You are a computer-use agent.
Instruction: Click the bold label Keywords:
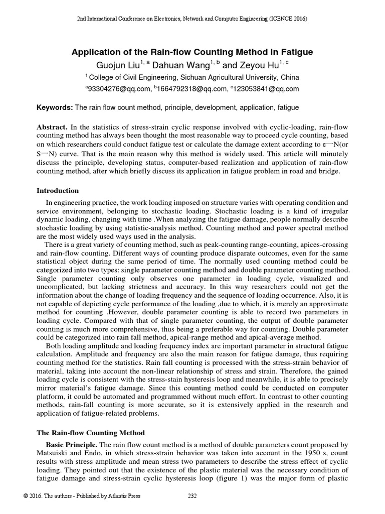point(55,108)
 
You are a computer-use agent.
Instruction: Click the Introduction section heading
point(58,191)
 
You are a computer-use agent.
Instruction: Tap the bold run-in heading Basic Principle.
point(72,445)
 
